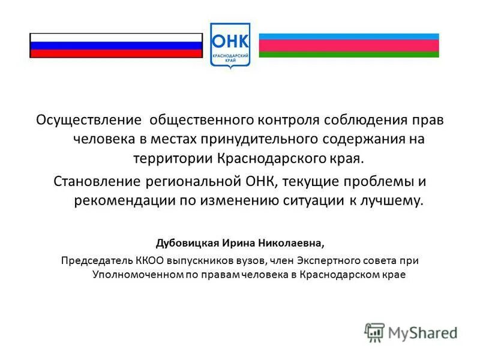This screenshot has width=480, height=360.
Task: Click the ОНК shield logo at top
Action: coord(230,45)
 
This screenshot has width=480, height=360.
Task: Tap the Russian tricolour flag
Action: coord(116,46)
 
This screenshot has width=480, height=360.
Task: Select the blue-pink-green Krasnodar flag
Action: coord(349,46)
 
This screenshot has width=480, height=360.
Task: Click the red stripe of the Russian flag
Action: coord(116,53)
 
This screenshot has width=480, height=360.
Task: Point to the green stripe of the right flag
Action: coord(349,55)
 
